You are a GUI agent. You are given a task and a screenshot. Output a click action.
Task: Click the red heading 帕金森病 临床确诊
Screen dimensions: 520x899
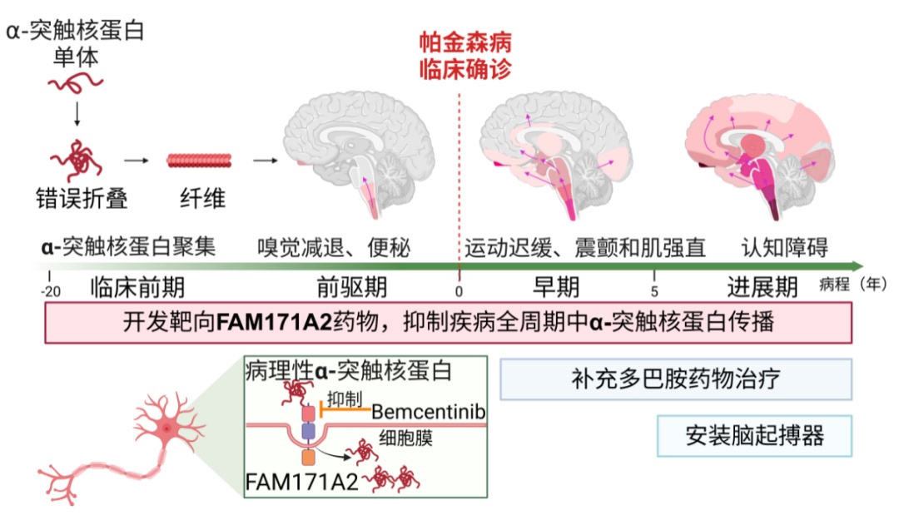[x=465, y=54]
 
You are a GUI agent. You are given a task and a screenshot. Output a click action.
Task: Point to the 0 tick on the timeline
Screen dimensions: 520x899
[x=459, y=290]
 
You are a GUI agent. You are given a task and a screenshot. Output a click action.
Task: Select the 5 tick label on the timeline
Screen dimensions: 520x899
[x=653, y=290]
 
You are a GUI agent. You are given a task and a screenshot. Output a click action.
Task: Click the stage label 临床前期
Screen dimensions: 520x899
[x=137, y=288]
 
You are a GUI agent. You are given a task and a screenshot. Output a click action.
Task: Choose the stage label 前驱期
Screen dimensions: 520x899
[x=352, y=288]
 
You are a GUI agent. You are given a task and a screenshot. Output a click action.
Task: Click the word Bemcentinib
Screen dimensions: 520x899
[x=428, y=411]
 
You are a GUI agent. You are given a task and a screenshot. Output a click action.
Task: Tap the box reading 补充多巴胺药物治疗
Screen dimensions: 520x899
[x=676, y=379]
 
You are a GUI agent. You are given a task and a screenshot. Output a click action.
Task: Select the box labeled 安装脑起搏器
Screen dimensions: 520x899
[x=754, y=435]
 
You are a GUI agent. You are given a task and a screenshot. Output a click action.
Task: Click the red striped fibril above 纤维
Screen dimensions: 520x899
[x=198, y=161]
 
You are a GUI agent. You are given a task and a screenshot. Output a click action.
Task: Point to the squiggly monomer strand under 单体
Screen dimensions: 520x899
[x=76, y=82]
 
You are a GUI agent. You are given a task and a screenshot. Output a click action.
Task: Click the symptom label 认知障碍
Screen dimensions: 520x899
[x=784, y=247]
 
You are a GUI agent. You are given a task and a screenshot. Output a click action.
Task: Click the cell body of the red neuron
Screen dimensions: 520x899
[x=166, y=428]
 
